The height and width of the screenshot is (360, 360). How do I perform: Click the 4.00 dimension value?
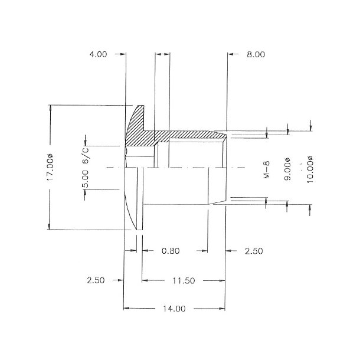pyautogui.click(x=98, y=54)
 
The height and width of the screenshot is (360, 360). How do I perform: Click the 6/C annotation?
pyautogui.click(x=86, y=153)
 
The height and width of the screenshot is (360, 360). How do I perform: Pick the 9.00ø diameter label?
pyautogui.click(x=287, y=171)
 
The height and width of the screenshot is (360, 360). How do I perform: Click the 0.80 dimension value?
pyautogui.click(x=171, y=251)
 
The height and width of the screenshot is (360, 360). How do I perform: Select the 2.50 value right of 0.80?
pyautogui.click(x=253, y=251)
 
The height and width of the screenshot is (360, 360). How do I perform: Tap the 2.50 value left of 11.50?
pyautogui.click(x=96, y=280)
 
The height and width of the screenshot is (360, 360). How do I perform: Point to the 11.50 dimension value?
pyautogui.click(x=183, y=280)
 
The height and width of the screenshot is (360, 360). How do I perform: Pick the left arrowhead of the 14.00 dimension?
pyautogui.click(x=126, y=309)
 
